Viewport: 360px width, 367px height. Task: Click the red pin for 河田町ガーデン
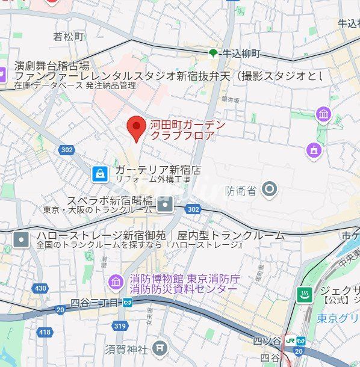[137, 127]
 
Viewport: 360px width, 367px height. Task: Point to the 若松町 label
[69, 37]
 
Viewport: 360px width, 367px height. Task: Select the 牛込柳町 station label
[241, 54]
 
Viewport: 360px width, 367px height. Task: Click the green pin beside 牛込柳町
[213, 54]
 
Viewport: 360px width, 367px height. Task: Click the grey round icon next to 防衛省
[269, 190]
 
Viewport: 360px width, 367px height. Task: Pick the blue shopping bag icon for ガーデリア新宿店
[100, 174]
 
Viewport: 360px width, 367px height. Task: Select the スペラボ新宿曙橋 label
[110, 201]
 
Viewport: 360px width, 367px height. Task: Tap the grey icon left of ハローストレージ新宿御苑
[21, 239]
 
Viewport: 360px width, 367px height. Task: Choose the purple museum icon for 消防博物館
[115, 281]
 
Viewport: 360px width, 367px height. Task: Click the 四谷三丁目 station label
[96, 303]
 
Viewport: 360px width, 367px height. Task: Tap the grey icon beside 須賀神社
[160, 347]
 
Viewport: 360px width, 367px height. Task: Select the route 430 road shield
[40, 289]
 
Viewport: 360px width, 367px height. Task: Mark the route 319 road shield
[120, 326]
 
